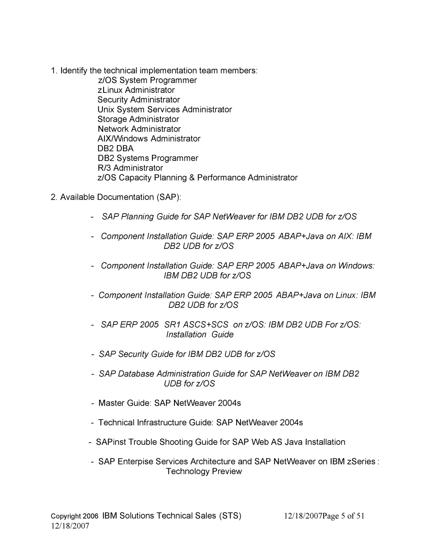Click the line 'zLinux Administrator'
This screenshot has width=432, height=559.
coord(136,90)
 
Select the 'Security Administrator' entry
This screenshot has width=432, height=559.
coord(139,100)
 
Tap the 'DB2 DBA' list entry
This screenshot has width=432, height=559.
coord(116,148)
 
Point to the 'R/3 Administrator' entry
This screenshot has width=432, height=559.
coord(130,168)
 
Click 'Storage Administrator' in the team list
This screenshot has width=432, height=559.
coord(138,119)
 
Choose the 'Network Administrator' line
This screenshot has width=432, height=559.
coord(139,129)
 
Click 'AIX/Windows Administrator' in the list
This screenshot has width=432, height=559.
coord(149,138)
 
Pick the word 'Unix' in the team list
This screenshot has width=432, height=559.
coord(106,110)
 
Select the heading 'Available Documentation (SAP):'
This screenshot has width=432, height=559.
coord(120,197)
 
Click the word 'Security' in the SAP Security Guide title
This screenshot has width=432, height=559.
coord(130,354)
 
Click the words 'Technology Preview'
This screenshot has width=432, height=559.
coord(204,471)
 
